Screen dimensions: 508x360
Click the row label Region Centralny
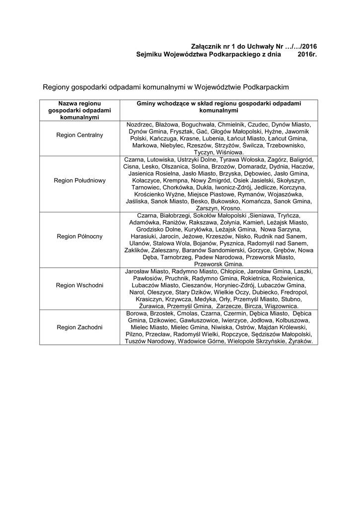click(x=79, y=135)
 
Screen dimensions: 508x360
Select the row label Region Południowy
click(x=79, y=181)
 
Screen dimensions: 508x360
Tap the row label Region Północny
click(x=79, y=236)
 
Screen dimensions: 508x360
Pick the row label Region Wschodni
click(x=79, y=286)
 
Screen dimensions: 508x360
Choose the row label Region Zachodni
click(x=79, y=327)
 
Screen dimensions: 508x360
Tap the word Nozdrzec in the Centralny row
click(x=140, y=124)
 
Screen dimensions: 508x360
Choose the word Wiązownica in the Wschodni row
click(x=282, y=307)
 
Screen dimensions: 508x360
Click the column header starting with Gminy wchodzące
click(x=218, y=106)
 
